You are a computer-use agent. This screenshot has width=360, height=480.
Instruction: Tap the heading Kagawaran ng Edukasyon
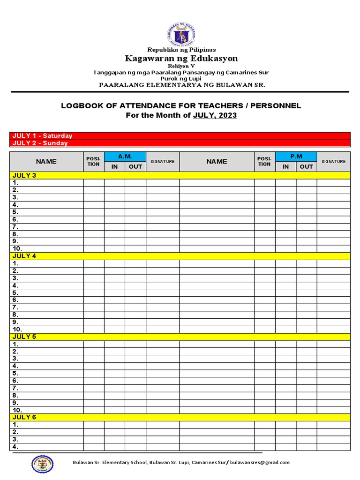click(181, 59)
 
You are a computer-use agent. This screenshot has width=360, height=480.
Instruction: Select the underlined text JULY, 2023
click(215, 115)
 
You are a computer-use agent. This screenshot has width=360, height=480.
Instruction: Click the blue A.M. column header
click(125, 157)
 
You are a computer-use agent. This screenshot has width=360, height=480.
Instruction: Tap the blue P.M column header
click(296, 157)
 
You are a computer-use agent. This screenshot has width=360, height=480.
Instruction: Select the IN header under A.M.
click(114, 166)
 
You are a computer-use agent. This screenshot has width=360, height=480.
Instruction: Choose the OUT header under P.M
click(306, 166)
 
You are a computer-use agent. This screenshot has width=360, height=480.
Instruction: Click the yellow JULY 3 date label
click(24, 175)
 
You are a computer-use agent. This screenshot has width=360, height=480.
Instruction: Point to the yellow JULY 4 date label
click(24, 256)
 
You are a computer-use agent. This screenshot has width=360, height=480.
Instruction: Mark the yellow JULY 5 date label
click(24, 337)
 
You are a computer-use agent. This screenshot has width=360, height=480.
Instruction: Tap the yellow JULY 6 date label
click(24, 417)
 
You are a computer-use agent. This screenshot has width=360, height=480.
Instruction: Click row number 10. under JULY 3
click(18, 248)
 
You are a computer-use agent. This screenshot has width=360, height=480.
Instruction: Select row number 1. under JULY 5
click(15, 344)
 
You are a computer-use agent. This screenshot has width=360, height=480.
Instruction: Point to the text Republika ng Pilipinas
click(181, 50)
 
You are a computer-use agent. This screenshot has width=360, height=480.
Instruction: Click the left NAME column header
click(46, 161)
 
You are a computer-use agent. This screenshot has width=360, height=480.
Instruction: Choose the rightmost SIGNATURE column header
click(333, 161)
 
